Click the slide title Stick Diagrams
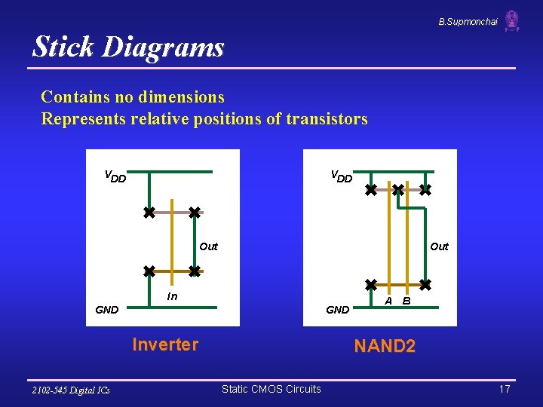128,47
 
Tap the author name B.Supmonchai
468,22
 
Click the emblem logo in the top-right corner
512,21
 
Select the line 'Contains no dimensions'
133,97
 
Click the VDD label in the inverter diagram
115,177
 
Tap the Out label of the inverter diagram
208,246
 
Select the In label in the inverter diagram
172,296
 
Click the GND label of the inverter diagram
107,310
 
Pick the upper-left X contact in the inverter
149,213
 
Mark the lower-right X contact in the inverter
194,271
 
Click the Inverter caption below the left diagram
165,345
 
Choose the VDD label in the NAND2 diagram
342,177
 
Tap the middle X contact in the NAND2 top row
398,191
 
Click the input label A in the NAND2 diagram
388,301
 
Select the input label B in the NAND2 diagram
406,301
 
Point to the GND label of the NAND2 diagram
337,310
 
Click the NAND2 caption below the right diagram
385,347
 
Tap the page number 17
505,389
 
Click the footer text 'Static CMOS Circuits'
271,389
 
